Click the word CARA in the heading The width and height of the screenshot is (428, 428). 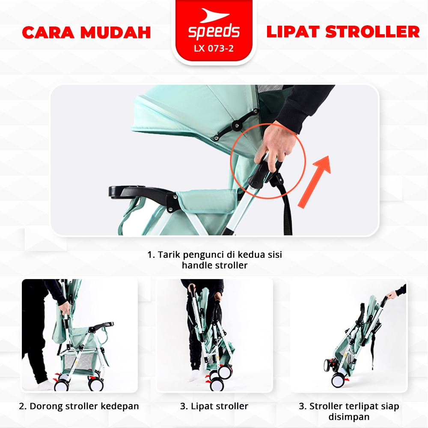click(x=48, y=33)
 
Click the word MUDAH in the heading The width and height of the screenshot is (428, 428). click(x=116, y=33)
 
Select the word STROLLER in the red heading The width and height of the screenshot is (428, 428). click(x=372, y=32)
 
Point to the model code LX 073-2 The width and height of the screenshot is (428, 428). click(x=214, y=48)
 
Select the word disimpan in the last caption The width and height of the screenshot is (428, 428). click(x=349, y=417)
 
